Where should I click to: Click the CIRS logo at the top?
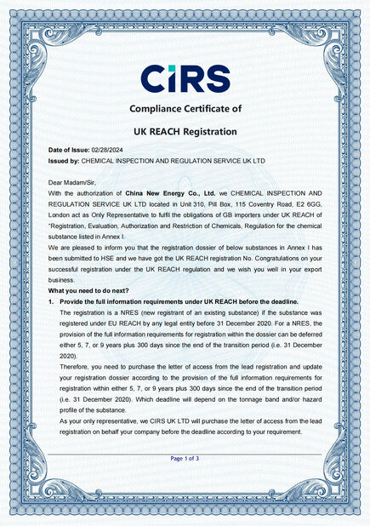pos(185,79)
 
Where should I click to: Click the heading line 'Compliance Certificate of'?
pos(185,108)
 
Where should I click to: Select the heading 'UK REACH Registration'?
pos(185,132)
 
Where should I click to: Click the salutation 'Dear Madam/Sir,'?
pos(72,182)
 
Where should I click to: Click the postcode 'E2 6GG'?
pos(309,204)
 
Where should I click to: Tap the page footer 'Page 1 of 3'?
pos(185,459)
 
